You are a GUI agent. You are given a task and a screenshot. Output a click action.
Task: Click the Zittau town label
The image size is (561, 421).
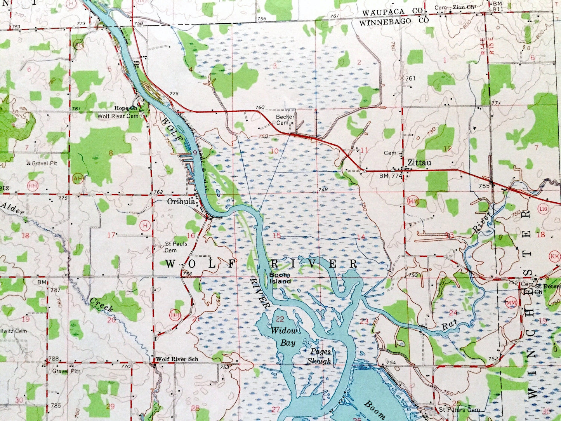click(419, 163)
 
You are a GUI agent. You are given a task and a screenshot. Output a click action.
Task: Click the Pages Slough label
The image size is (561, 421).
click(320, 356)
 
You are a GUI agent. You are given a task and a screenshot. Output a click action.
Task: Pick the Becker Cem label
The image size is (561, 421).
click(283, 120)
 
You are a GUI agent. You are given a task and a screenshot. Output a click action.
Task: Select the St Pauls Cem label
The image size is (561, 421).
click(176, 247)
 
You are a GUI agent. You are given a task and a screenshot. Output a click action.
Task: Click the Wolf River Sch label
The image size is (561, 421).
click(177, 359)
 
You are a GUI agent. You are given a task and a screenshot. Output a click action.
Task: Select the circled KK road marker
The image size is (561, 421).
click(555, 257)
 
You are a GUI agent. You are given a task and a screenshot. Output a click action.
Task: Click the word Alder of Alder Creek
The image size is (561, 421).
click(12, 209)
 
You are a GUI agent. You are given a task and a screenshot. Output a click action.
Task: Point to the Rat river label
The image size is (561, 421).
click(448, 327)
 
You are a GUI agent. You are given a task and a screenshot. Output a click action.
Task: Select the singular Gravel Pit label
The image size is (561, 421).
click(44, 163)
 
